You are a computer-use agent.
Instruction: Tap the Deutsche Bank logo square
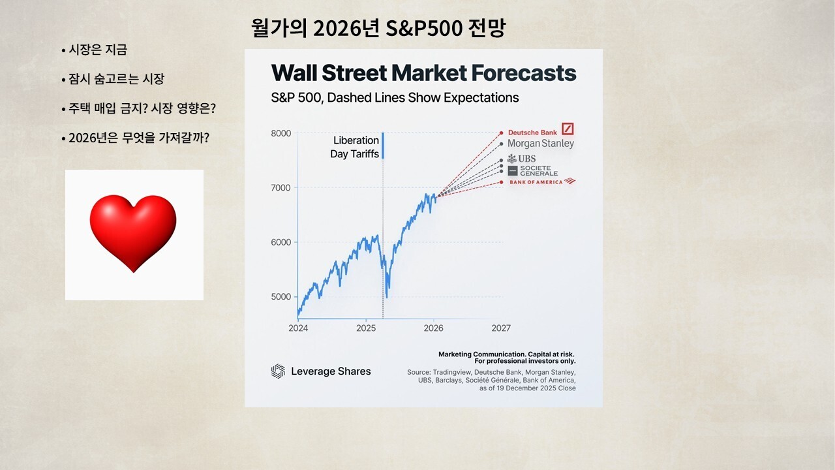[x=568, y=129]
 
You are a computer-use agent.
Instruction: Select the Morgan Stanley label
[x=541, y=144]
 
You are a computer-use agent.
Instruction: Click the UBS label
[x=521, y=159]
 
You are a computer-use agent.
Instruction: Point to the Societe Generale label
[x=533, y=171]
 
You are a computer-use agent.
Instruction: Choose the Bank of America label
[x=542, y=181]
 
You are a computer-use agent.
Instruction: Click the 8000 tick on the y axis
[x=281, y=133]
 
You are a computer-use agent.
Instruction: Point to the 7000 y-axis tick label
[x=281, y=187]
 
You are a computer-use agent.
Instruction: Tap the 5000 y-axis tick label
[x=281, y=296]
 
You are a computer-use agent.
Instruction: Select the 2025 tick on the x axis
[x=366, y=328]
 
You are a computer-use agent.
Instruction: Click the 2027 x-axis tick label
[x=501, y=328]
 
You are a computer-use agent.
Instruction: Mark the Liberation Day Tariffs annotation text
[x=354, y=147]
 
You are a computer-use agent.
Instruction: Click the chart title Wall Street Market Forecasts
[x=423, y=72]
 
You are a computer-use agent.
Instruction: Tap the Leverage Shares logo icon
[x=278, y=371]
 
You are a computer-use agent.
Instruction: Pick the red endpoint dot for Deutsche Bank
[x=502, y=133]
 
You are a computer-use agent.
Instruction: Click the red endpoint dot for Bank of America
[x=502, y=182]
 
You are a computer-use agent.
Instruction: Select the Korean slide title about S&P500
[x=378, y=27]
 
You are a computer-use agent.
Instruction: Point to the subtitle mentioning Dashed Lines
[x=395, y=98]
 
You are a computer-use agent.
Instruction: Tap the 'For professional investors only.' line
[x=525, y=361]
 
